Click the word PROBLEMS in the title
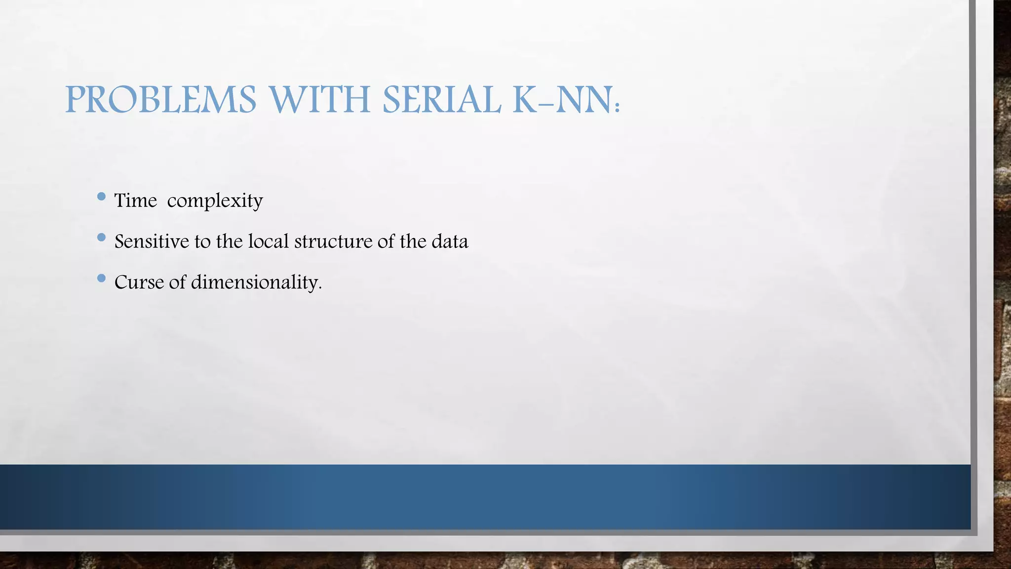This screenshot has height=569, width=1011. [x=161, y=100]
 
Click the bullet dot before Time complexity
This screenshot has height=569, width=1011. [x=102, y=197]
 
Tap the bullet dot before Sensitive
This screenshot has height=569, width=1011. [x=102, y=238]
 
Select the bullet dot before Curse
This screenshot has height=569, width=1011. [x=102, y=278]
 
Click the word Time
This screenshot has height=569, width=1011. [x=135, y=201]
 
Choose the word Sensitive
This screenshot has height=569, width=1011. [x=152, y=242]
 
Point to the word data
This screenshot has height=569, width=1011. [x=450, y=242]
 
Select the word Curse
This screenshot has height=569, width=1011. [x=139, y=283]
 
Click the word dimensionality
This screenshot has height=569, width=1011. [x=255, y=283]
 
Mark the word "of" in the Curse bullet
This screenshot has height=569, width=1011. [x=178, y=283]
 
